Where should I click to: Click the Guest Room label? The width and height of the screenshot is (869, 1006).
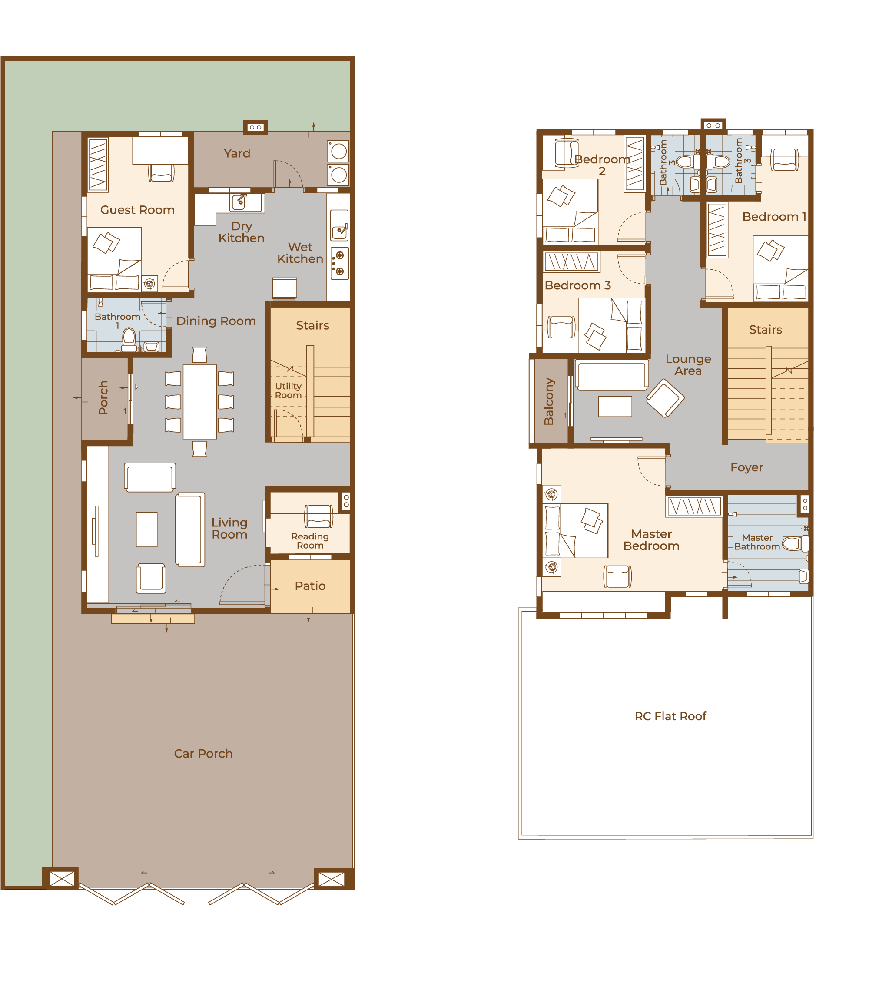[137, 210]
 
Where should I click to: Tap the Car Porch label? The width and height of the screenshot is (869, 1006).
[203, 754]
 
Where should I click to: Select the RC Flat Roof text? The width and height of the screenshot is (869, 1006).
[670, 716]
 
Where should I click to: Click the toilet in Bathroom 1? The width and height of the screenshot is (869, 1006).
[129, 339]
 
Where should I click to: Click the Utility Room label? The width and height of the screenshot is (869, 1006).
[289, 390]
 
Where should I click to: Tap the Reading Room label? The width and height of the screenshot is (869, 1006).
[310, 541]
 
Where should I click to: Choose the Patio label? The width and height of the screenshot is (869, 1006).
[310, 586]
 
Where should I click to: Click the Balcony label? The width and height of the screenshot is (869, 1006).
[549, 401]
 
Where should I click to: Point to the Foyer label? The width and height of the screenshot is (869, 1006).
[746, 467]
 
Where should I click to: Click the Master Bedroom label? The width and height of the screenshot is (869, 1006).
[651, 540]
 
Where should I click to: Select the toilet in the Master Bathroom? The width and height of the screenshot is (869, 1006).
[795, 543]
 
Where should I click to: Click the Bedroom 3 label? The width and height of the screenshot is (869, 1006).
[577, 285]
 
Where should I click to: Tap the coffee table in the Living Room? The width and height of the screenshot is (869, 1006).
[147, 529]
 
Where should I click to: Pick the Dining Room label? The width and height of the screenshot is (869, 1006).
[216, 321]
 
